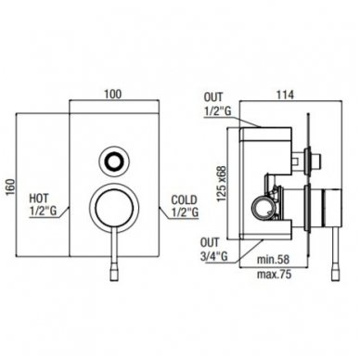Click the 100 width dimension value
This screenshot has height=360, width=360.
[113, 94]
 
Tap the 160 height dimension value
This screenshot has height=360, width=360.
[10, 186]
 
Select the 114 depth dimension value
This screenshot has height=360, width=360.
[285, 95]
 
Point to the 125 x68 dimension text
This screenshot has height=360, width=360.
[222, 185]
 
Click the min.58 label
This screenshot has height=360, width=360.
[274, 259]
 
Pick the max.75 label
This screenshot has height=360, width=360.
[274, 275]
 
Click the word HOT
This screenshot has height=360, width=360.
[39, 198]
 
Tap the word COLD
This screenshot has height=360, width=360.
[184, 199]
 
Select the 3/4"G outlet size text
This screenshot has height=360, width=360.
[214, 256]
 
